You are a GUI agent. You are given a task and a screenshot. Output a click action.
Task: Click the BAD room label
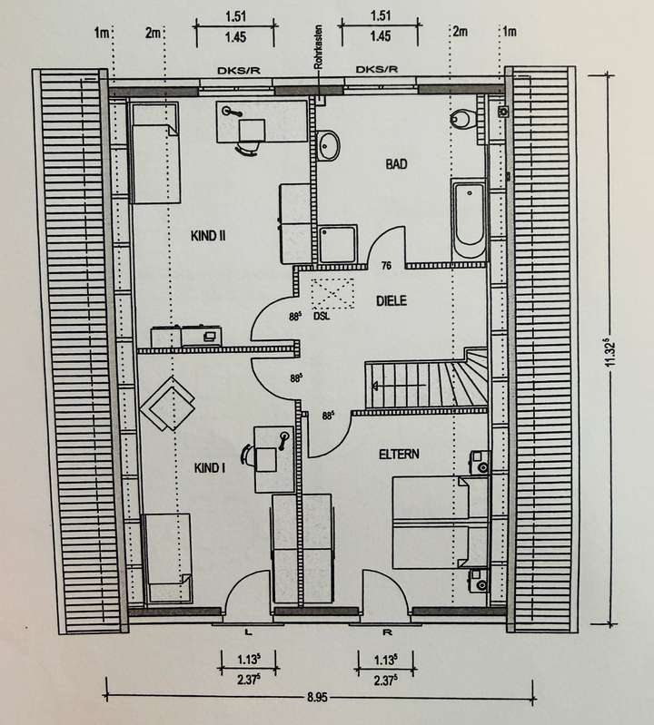(396, 164)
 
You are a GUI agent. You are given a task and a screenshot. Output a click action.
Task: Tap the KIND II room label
(207, 237)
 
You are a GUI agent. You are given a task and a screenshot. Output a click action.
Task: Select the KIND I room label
(209, 468)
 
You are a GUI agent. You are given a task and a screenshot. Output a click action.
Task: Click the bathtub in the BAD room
(469, 220)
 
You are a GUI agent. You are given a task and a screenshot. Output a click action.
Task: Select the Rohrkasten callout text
(318, 47)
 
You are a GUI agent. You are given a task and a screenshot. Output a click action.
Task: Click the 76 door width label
(387, 267)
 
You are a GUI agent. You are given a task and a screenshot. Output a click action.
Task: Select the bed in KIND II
(157, 152)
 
